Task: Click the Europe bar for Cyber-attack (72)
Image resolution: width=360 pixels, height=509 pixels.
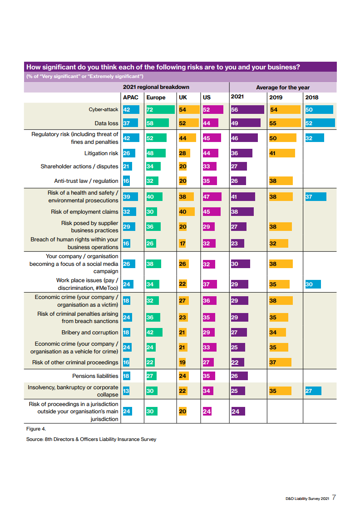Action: click(x=160, y=109)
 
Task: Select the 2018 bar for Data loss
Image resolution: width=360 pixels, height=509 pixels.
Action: click(x=320, y=123)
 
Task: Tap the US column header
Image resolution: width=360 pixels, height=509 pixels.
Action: click(x=207, y=98)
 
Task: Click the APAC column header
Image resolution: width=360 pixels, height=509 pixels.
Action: click(x=131, y=98)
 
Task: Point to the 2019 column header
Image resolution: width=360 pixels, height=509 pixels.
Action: click(x=276, y=98)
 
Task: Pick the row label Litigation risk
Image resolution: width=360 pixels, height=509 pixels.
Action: click(x=101, y=153)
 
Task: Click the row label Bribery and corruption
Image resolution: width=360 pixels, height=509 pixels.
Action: click(x=90, y=333)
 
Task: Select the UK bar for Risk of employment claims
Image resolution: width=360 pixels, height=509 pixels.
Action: click(x=187, y=212)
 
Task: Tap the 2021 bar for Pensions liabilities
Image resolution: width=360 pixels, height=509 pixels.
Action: click(x=239, y=376)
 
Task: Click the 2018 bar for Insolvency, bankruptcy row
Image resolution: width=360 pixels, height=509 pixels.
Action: click(x=313, y=391)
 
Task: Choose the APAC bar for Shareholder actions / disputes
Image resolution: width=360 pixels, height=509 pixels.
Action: click(x=127, y=166)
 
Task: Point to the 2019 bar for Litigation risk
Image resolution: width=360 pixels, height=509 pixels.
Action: click(x=282, y=153)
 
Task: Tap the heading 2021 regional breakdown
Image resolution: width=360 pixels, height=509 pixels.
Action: click(x=156, y=87)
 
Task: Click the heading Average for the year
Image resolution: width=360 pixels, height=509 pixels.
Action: click(x=283, y=88)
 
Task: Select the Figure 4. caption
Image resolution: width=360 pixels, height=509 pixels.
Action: click(x=36, y=429)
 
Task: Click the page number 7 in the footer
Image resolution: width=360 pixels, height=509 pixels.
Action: click(x=334, y=497)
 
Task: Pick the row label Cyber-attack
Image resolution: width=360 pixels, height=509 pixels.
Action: click(x=104, y=110)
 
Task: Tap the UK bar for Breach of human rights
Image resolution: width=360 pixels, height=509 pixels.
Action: click(x=182, y=243)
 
